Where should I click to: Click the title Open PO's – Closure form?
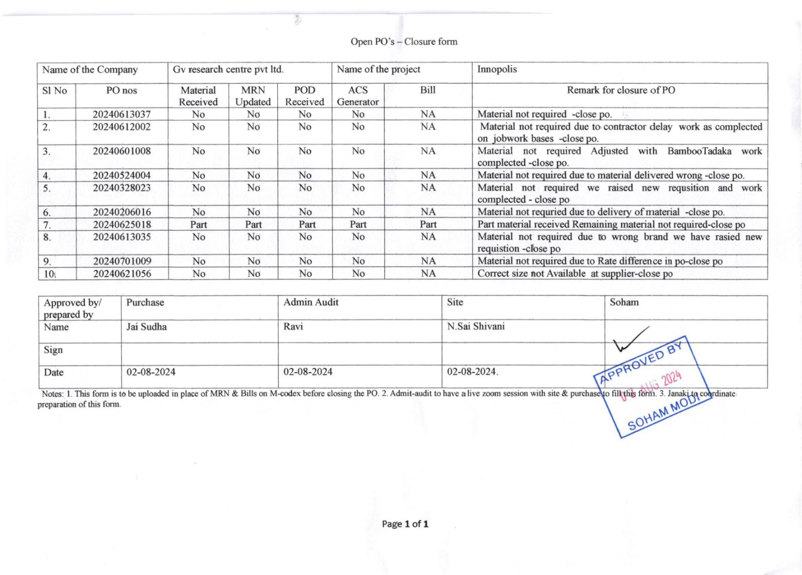pos(404,42)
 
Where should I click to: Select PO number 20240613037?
pos(121,114)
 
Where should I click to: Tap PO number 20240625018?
pos(121,224)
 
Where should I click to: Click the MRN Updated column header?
pos(253,96)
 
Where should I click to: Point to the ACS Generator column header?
pos(357,96)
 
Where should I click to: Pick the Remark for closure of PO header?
pos(621,90)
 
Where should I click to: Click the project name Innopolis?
pos(497,69)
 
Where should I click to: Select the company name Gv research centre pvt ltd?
pos(228,69)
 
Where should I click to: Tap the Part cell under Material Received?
pos(198,224)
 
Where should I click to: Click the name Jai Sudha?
pos(146,327)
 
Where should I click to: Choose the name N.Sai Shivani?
pos(476,327)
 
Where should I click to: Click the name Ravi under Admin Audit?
pos(293,327)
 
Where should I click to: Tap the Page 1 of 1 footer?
pos(405,524)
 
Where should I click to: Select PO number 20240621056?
pos(121,273)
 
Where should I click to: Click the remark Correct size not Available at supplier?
pos(574,273)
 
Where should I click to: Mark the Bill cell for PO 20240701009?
pos(428,261)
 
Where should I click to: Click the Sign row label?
pos(53,350)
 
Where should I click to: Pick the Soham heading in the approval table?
pos(624,302)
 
